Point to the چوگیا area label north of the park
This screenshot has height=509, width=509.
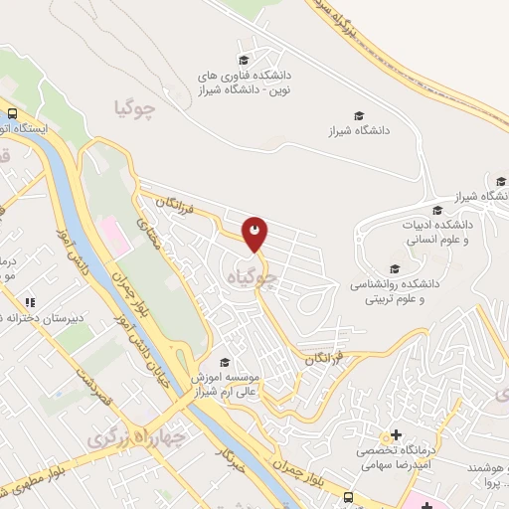(x=136, y=108)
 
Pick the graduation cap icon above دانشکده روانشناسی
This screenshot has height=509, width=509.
(x=395, y=268)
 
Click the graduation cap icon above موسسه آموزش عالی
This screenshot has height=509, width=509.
(x=225, y=362)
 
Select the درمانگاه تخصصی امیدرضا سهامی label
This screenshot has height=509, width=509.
(x=397, y=457)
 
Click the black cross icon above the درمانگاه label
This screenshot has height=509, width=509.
(x=397, y=434)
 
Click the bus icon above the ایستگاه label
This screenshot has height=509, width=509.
(x=14, y=113)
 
